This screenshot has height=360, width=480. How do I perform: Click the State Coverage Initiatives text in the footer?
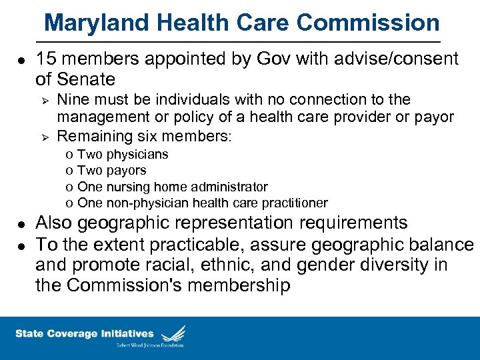coord(85,333)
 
